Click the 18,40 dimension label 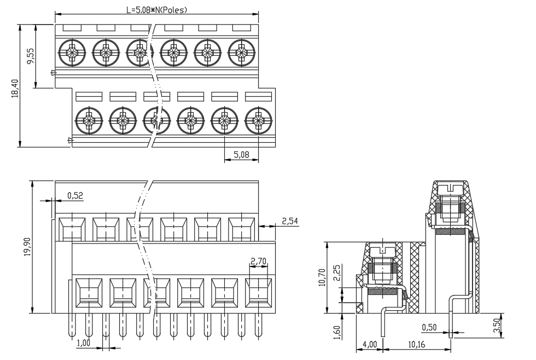(x=15, y=88)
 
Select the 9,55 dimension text (x=31, y=56)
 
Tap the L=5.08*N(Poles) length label (x=157, y=9)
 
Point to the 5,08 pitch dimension (x=241, y=155)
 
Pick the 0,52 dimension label (x=75, y=195)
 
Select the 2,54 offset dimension (x=290, y=221)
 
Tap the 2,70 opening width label (x=258, y=262)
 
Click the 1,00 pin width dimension (x=83, y=343)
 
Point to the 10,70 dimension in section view (x=322, y=277)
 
